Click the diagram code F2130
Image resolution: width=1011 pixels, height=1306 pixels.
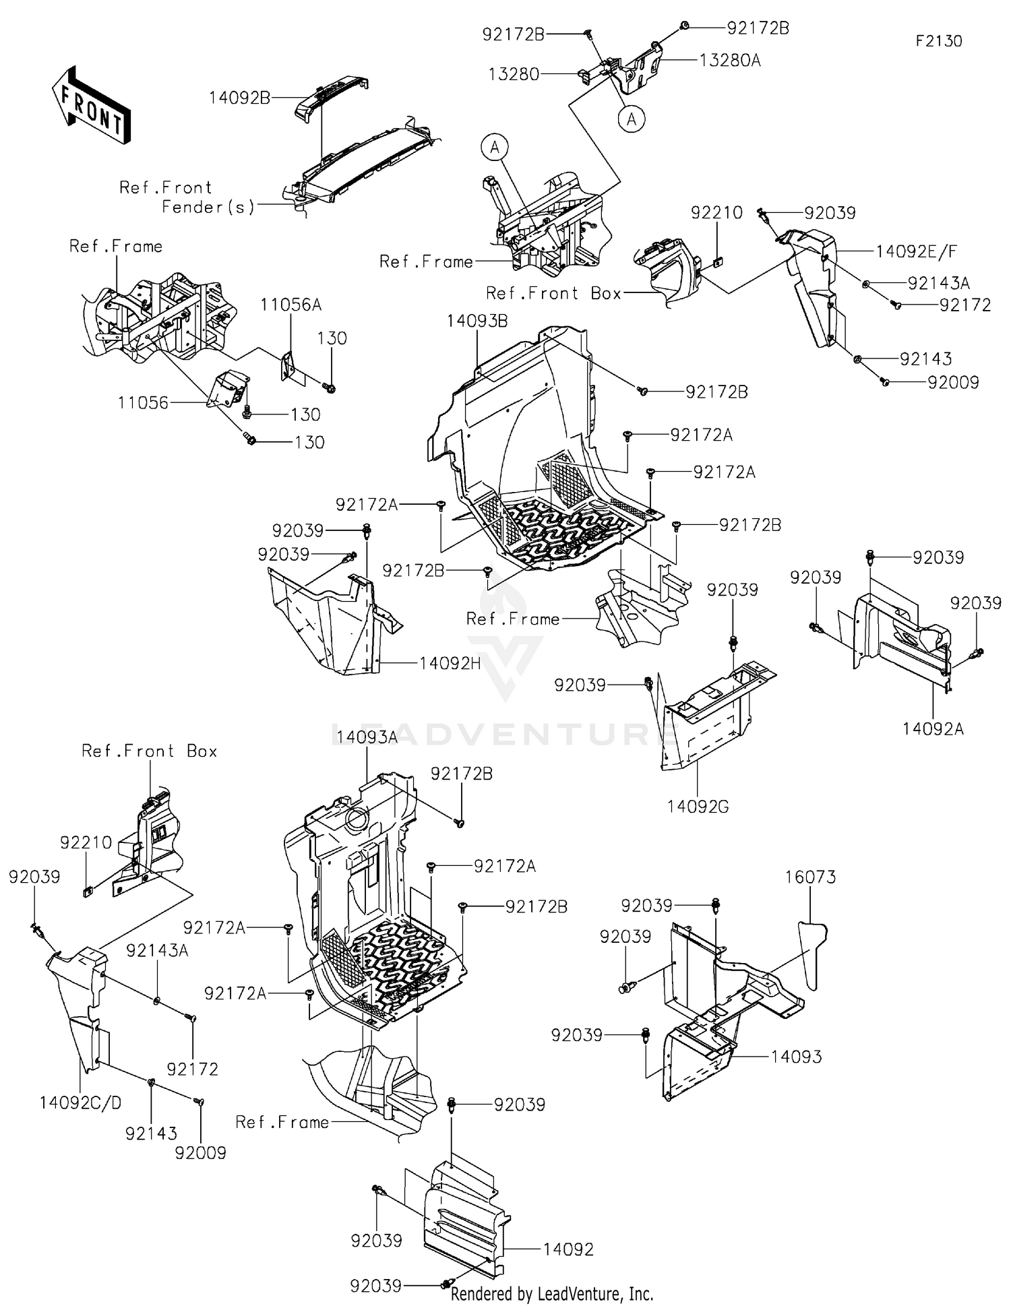[938, 41]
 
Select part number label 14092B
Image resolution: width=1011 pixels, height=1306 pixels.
[239, 98]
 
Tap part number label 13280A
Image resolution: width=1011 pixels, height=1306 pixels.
[730, 60]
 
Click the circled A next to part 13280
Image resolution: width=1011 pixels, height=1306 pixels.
[631, 119]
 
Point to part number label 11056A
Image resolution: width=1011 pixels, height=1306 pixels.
[291, 305]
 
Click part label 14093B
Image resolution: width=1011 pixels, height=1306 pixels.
[477, 321]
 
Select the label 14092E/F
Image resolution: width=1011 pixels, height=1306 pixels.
[916, 251]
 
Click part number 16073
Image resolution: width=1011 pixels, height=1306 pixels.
[810, 877]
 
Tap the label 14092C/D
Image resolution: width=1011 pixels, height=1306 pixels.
[80, 1103]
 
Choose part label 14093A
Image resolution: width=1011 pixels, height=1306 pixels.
[367, 737]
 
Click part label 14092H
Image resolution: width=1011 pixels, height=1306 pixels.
[450, 663]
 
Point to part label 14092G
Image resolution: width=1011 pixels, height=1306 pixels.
[698, 806]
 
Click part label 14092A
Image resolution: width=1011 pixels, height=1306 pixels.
[933, 728]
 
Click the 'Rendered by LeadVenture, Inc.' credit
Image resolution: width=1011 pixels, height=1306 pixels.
[551, 1293]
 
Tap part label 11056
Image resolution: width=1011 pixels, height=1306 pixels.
[143, 403]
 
